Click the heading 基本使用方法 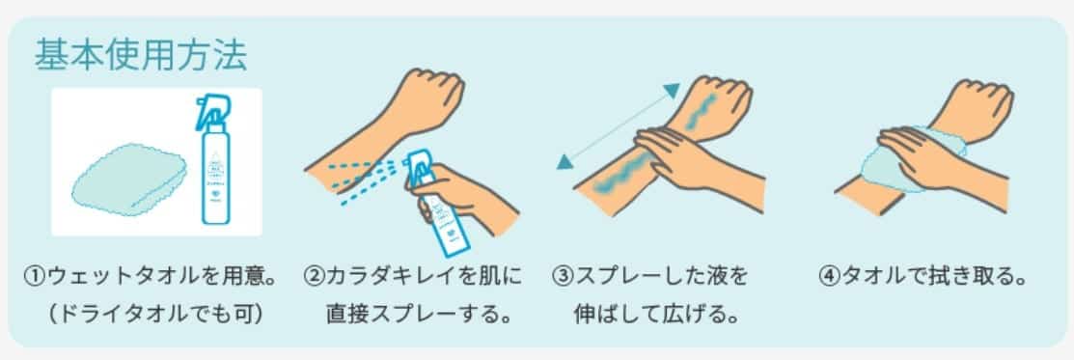pyautogui.click(x=141, y=56)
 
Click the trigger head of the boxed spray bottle pyautogui.click(x=212, y=110)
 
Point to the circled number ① pyautogui.click(x=34, y=278)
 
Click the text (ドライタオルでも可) pyautogui.click(x=154, y=315)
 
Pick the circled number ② pyautogui.click(x=313, y=278)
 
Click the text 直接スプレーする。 pyautogui.click(x=420, y=315)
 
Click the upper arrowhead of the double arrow pyautogui.click(x=673, y=90)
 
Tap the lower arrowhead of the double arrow pyautogui.click(x=564, y=162)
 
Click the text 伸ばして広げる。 pyautogui.click(x=655, y=315)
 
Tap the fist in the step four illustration pyautogui.click(x=978, y=104)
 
